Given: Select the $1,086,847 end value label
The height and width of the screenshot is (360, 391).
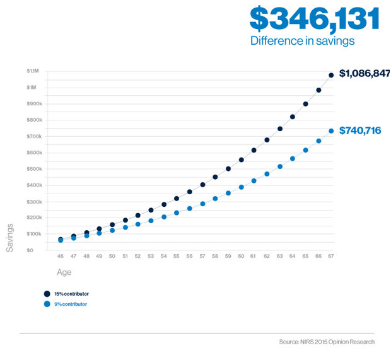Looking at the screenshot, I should click(x=365, y=74).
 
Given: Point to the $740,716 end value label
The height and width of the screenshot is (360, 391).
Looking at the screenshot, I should click(x=360, y=131).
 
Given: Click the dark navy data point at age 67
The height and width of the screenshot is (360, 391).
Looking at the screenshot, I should click(x=331, y=75).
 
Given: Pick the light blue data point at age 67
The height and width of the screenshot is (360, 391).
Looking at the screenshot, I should click(x=331, y=131).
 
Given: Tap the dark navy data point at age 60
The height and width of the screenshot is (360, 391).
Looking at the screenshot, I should click(x=240, y=160).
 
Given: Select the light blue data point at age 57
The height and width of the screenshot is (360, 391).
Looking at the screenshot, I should click(x=202, y=204).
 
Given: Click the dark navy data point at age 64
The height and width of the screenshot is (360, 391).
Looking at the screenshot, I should click(x=293, y=117).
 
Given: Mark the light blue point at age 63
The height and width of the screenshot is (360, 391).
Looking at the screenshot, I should click(x=279, y=166).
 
